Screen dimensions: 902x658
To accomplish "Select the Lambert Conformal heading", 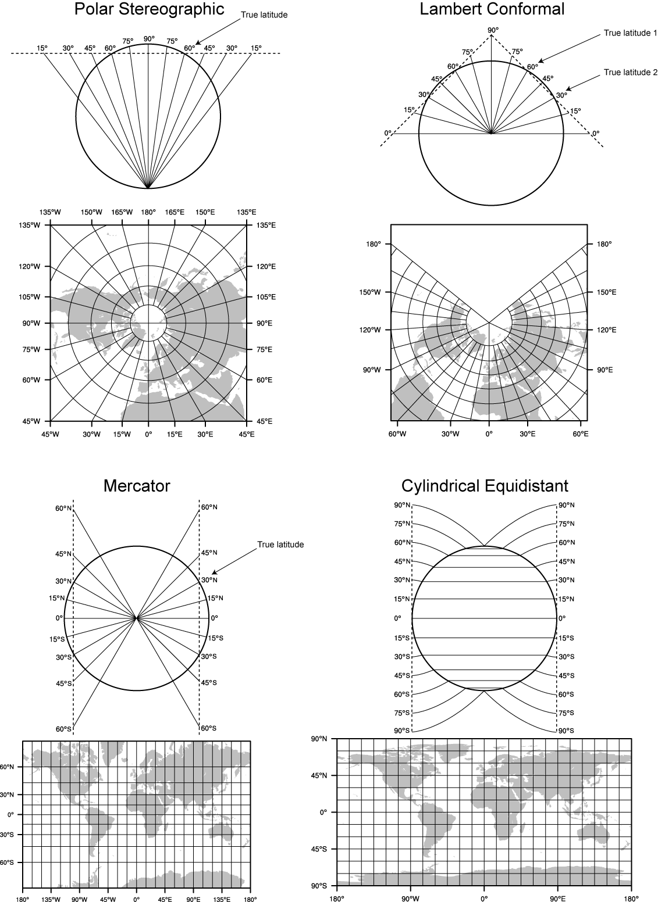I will click(x=492, y=9).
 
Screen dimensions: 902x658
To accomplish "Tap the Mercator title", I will click(x=137, y=486).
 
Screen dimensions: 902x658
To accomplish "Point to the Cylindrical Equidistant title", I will click(x=485, y=486).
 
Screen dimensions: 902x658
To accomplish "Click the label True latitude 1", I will click(x=630, y=33).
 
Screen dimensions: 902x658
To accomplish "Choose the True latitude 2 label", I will click(x=630, y=73).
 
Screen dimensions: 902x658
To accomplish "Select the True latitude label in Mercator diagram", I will click(x=280, y=545).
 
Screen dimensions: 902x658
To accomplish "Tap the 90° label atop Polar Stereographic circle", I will click(x=149, y=39).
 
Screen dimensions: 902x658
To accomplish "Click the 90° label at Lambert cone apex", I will click(x=493, y=30).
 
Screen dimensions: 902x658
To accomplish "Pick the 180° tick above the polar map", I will click(x=148, y=213).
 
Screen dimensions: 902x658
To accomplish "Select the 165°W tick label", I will click(x=122, y=213).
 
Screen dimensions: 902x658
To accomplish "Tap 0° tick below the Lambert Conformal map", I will click(x=489, y=434).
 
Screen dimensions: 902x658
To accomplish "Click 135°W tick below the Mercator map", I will click(x=51, y=899).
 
